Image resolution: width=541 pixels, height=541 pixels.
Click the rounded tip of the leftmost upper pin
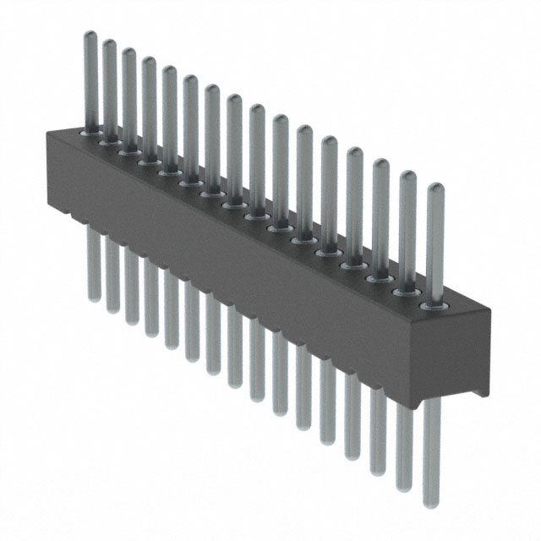[90, 36]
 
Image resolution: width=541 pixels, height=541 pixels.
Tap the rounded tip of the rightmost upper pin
[435, 189]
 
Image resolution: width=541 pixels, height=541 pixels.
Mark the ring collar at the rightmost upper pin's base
[434, 303]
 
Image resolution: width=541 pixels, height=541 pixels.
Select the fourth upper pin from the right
[354, 203]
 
